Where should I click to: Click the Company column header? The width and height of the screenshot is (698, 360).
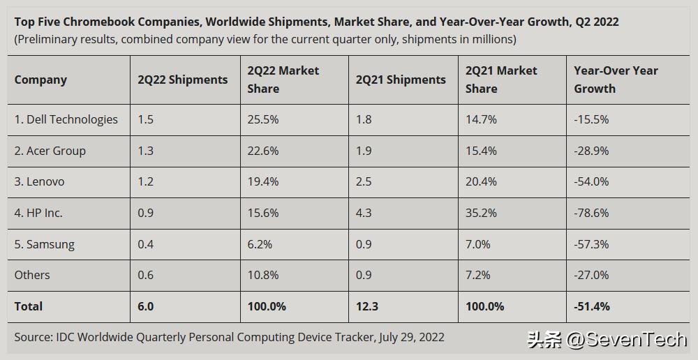(x=40, y=80)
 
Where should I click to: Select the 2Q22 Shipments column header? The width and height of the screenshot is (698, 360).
(x=183, y=80)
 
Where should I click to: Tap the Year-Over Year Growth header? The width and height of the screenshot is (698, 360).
(x=616, y=80)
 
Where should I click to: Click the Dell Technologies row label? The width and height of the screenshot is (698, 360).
(x=66, y=119)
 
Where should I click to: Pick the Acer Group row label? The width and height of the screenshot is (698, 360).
(x=50, y=151)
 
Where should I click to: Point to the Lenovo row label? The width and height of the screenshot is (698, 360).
(x=39, y=181)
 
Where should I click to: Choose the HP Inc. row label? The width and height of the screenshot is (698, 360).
(x=38, y=213)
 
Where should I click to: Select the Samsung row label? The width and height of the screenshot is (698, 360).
(x=44, y=244)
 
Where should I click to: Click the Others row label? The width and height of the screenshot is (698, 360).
(x=32, y=275)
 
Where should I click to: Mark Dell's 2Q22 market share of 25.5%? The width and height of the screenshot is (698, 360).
(x=263, y=119)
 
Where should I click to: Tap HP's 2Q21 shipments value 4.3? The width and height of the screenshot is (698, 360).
(x=364, y=213)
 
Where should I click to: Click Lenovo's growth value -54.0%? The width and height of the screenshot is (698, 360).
(x=591, y=181)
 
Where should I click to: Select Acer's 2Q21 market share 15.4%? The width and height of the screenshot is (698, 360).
(x=481, y=151)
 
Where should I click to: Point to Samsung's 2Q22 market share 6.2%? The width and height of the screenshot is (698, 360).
(x=260, y=244)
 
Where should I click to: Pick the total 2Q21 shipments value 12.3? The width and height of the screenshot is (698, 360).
(x=367, y=306)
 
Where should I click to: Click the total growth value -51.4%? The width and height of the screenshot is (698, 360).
(x=592, y=306)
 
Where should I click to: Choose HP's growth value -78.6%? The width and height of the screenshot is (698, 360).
(x=591, y=213)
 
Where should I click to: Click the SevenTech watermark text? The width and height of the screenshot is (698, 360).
(x=626, y=340)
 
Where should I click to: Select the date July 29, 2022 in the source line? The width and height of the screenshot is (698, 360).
(x=411, y=337)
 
